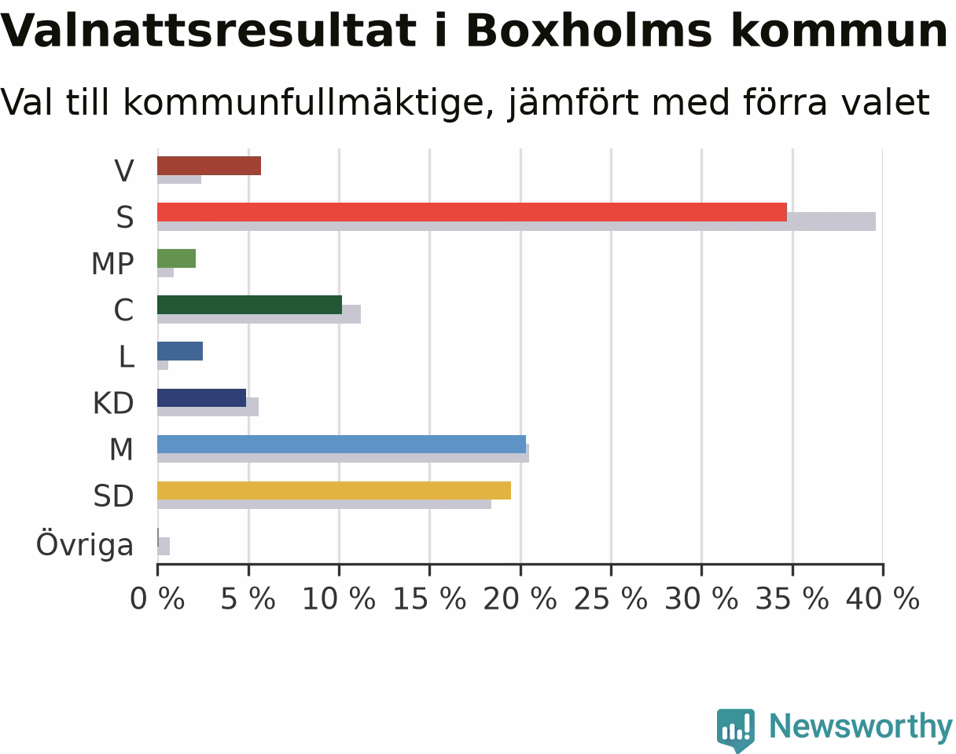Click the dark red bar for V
[x=209, y=166]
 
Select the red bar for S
[x=472, y=212]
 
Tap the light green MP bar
[x=176, y=258]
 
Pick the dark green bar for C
[x=250, y=305]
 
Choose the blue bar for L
[x=180, y=351]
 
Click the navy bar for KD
[x=202, y=397]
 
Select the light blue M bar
[x=342, y=444]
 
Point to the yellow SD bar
[x=334, y=490]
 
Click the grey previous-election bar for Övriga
[x=164, y=546]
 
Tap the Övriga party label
[x=84, y=544]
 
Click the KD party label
[x=113, y=403]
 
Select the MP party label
[x=112, y=264]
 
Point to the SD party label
[x=113, y=496]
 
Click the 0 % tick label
[x=157, y=598]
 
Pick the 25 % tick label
[x=611, y=598]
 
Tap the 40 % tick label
[x=882, y=598]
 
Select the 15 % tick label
[x=429, y=598]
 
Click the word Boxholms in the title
[x=589, y=31]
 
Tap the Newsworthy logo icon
[x=736, y=727]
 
